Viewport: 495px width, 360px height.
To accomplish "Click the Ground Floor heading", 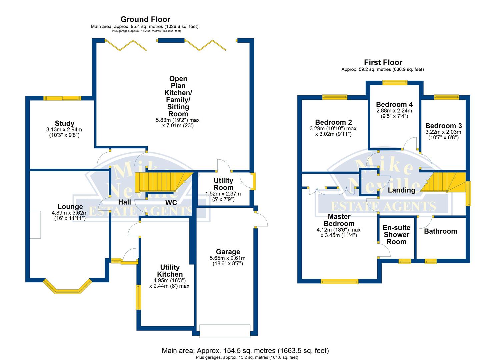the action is pyautogui.click(x=145, y=19).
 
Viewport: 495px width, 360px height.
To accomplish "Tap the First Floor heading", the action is pyautogui.click(x=383, y=62).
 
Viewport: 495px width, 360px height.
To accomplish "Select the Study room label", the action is pyautogui.click(x=65, y=123).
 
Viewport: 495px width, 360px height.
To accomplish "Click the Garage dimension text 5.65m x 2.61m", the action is pyautogui.click(x=228, y=258).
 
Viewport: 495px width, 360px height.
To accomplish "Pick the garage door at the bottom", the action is pyautogui.click(x=225, y=331).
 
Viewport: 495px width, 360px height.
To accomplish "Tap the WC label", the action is pyautogui.click(x=171, y=202).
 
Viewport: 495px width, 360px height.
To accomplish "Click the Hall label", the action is pyautogui.click(x=125, y=202).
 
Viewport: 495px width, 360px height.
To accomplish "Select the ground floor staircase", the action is pyautogui.click(x=164, y=182).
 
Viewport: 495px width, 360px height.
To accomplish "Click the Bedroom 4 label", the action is pyautogui.click(x=394, y=104).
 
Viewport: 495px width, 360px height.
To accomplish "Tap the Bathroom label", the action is pyautogui.click(x=441, y=231).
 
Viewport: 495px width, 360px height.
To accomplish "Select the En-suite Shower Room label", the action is pyautogui.click(x=396, y=235).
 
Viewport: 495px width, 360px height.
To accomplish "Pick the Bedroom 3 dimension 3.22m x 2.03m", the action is pyautogui.click(x=443, y=132).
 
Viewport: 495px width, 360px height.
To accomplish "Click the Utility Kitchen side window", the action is pyautogui.click(x=138, y=297).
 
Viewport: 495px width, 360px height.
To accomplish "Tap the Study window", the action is pyautogui.click(x=62, y=98).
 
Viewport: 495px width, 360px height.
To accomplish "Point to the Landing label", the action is pyautogui.click(x=402, y=190).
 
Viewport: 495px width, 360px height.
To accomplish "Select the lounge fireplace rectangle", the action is pyautogui.click(x=35, y=225).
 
